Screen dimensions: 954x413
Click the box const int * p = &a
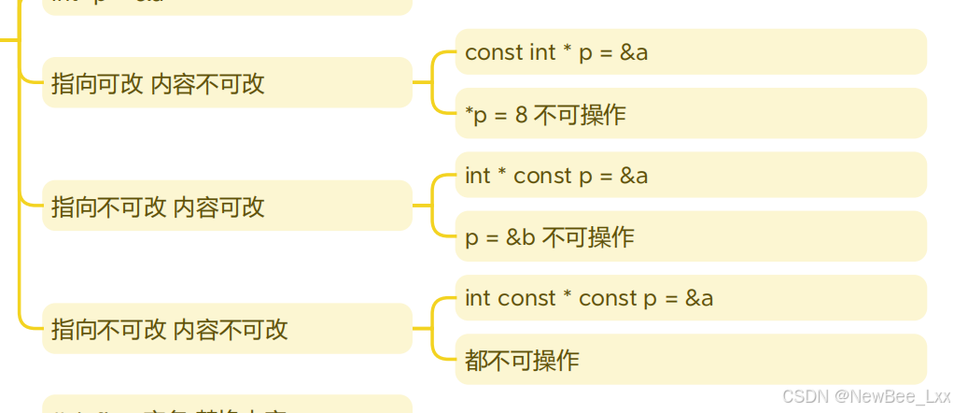click(691, 52)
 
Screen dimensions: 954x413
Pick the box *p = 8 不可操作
click(691, 114)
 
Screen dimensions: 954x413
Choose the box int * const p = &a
click(691, 176)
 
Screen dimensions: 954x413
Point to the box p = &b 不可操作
click(691, 236)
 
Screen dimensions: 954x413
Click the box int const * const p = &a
click(691, 298)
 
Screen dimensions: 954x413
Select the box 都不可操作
click(691, 360)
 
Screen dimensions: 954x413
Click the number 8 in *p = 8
click(521, 115)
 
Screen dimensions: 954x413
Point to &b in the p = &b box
click(520, 237)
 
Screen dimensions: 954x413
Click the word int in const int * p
click(542, 52)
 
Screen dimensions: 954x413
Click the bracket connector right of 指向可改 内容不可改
click(433, 82)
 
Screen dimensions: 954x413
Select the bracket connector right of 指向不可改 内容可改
click(433, 206)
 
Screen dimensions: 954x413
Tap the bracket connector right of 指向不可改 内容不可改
click(433, 329)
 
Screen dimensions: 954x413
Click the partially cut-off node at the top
click(227, 6)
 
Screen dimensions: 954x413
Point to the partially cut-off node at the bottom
click(227, 406)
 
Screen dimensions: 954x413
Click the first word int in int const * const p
click(478, 298)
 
